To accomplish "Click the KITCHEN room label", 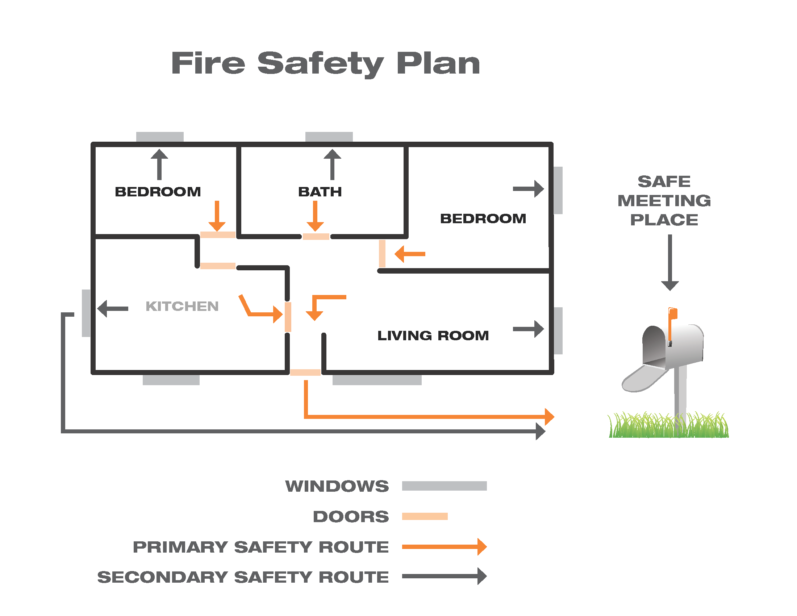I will click(182, 306).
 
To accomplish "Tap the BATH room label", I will click(320, 192).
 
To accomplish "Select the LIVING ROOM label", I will click(433, 336).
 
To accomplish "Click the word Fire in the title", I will click(208, 63).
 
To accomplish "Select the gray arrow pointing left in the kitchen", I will click(113, 308).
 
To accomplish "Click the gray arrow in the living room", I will click(528, 329).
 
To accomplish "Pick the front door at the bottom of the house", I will click(305, 372).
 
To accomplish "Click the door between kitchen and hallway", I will click(288, 316).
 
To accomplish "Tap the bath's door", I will click(316, 237).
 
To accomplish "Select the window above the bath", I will click(329, 137).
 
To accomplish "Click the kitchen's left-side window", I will click(86, 313).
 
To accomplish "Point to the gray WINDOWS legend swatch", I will click(444, 486).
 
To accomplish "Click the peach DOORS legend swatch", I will click(425, 516).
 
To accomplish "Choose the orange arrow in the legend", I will click(444, 546).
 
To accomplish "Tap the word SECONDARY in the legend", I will click(162, 577).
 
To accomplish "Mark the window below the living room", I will click(377, 380).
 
